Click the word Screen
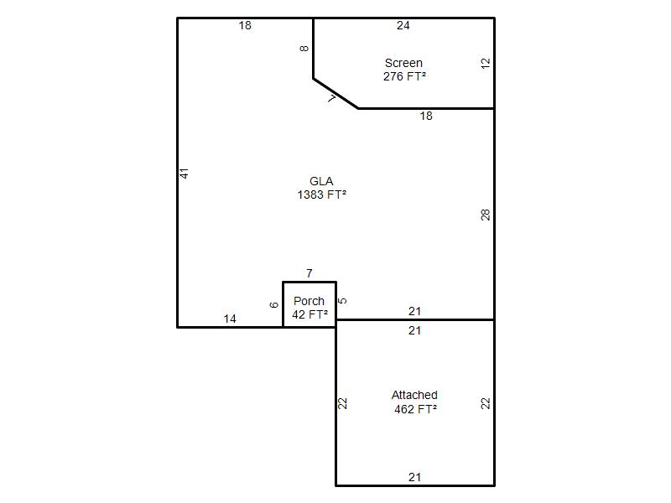(x=403, y=64)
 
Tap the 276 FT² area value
(x=404, y=76)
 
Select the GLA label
(x=321, y=181)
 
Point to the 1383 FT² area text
(x=321, y=194)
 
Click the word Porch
(x=309, y=301)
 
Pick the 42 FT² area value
(x=309, y=314)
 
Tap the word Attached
(x=414, y=395)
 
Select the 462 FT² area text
(x=415, y=409)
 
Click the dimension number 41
(x=184, y=174)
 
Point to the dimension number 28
(x=485, y=215)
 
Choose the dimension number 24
(x=403, y=26)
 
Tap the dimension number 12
(x=485, y=64)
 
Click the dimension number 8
(x=304, y=49)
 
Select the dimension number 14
(x=230, y=319)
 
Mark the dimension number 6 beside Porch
(x=274, y=305)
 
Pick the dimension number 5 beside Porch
(x=342, y=301)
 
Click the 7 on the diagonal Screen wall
(x=331, y=99)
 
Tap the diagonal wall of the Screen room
(x=335, y=94)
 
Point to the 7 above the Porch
(x=309, y=273)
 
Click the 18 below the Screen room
(x=426, y=116)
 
